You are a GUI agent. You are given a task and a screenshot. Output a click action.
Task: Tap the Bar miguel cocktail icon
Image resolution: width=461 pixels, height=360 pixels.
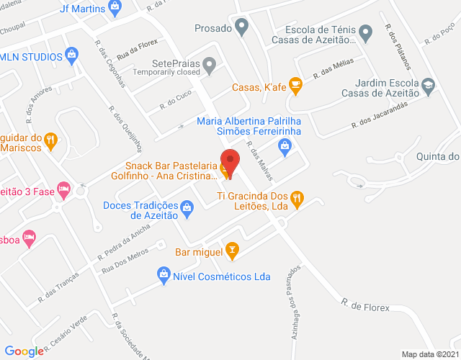[231, 251]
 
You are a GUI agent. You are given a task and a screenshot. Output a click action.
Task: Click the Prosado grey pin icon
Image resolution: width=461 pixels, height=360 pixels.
[242, 29]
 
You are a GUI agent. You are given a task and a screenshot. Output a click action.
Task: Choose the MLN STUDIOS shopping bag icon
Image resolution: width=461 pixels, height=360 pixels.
[71, 55]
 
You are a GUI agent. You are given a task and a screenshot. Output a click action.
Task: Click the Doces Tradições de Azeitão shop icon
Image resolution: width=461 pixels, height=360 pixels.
[187, 210]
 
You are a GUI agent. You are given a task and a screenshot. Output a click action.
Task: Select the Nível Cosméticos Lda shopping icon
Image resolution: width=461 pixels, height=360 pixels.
[164, 275]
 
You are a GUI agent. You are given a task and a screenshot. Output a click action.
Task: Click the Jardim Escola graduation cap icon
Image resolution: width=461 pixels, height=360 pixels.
[429, 84]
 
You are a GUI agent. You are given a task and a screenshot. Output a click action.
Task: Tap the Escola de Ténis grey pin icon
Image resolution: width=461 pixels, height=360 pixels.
[365, 33]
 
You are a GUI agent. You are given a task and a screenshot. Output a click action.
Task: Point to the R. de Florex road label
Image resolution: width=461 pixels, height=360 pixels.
[365, 308]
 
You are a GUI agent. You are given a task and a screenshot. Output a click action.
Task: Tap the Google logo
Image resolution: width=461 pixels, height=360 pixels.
[24, 351]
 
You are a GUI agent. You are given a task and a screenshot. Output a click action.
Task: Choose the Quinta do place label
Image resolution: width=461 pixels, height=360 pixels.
[437, 158]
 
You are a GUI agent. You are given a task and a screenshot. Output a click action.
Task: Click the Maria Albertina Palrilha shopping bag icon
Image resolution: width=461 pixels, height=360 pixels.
[285, 147]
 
